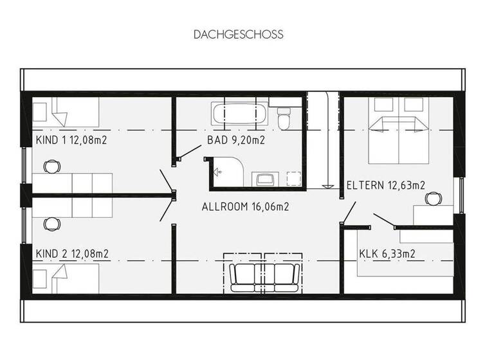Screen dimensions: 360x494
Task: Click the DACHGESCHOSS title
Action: click(238, 34)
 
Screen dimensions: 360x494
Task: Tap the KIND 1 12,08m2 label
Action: click(71, 139)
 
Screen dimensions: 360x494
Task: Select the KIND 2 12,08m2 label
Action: click(71, 253)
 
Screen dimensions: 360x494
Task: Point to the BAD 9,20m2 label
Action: click(236, 139)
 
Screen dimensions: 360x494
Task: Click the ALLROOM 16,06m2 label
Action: click(245, 207)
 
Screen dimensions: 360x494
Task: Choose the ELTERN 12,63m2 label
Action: click(385, 186)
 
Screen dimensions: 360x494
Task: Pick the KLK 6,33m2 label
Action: click(387, 253)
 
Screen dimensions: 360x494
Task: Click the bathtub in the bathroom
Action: click(239, 115)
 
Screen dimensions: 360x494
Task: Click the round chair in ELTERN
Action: click(434, 199)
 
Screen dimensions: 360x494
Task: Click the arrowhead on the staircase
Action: click(328, 186)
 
